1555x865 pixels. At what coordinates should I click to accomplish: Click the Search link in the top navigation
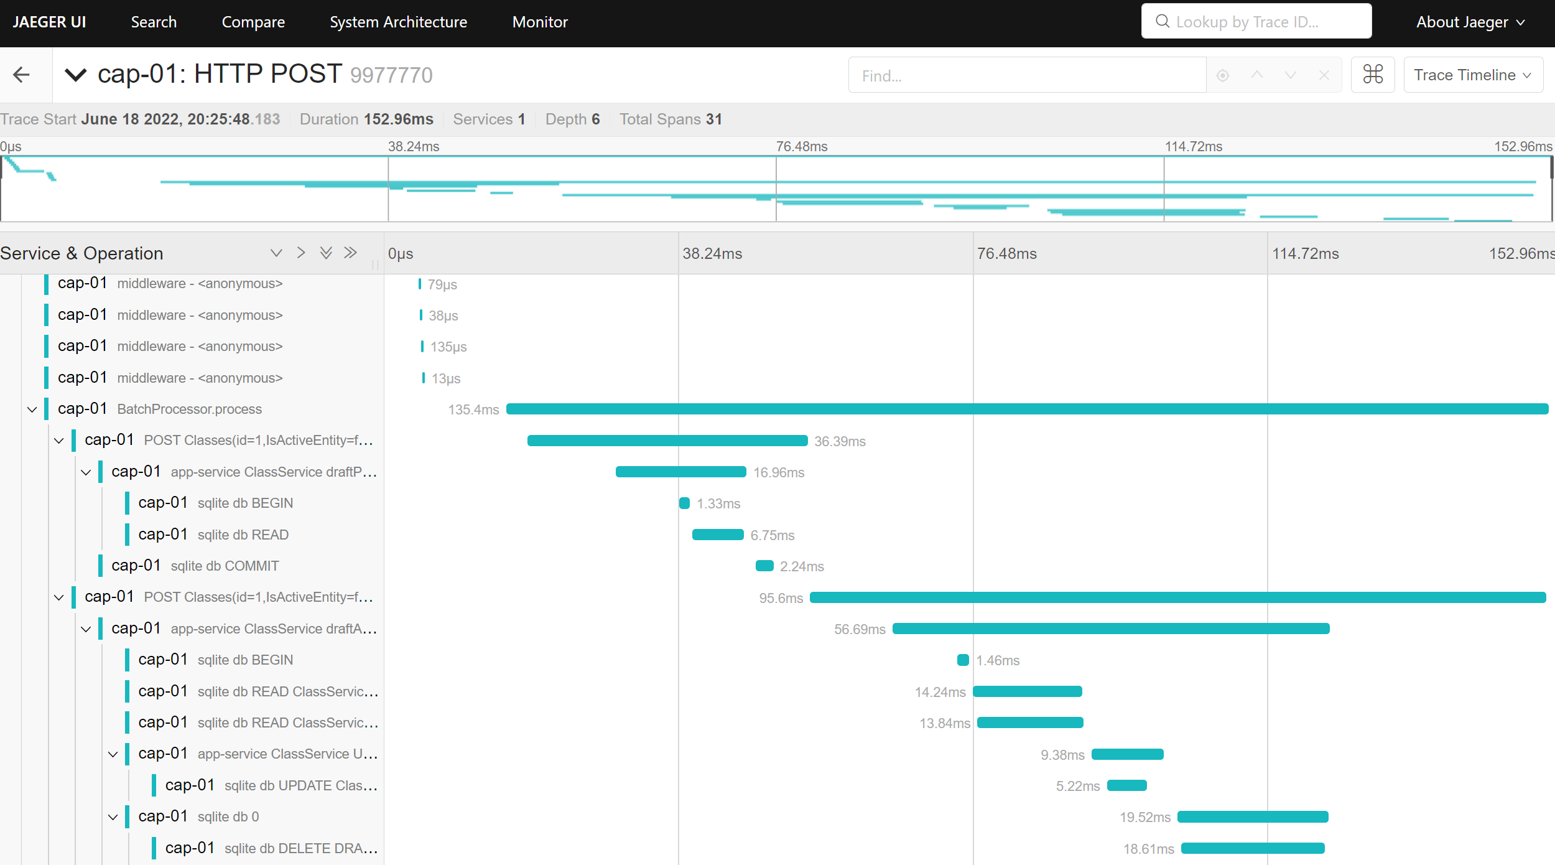154,22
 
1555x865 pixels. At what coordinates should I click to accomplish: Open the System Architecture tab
398,22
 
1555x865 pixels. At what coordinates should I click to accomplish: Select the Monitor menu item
540,22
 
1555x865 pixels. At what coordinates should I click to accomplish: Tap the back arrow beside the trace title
22,75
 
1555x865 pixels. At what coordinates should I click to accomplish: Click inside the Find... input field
1026,75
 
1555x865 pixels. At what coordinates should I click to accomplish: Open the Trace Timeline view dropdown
1472,75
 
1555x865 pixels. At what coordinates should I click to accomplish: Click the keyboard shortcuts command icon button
1373,75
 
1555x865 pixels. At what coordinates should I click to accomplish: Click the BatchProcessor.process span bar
1026,409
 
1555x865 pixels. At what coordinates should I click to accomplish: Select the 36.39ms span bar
667,441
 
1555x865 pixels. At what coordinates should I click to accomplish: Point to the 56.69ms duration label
860,629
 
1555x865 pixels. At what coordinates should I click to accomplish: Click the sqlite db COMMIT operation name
225,566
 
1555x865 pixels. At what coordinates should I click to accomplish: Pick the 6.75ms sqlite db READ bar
718,535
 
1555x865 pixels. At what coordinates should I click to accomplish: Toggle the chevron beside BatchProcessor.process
32,409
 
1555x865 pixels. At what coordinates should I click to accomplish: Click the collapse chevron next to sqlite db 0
113,817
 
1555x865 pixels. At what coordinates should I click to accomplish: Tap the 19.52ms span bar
1253,816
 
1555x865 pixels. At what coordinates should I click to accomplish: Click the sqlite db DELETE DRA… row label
300,848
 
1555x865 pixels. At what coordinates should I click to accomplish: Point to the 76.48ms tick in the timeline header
1006,254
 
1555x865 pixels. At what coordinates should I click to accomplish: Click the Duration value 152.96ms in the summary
398,119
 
